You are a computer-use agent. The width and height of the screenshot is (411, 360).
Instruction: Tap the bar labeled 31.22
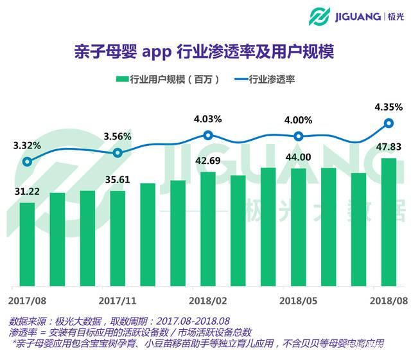[27, 244]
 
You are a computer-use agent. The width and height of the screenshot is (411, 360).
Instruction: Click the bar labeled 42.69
[208, 229]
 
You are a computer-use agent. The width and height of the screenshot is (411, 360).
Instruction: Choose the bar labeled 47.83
[389, 222]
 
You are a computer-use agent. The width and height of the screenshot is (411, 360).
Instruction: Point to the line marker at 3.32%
[27, 162]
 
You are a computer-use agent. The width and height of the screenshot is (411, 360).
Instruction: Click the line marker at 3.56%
[118, 153]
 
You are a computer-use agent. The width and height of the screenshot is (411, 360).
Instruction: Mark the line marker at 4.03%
[208, 135]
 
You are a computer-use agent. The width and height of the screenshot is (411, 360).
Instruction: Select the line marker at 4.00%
[299, 136]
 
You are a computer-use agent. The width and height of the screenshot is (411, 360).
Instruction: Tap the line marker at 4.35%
[389, 123]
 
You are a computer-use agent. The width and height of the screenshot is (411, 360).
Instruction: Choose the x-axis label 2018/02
[208, 300]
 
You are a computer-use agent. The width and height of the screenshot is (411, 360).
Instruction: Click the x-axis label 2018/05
[299, 300]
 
